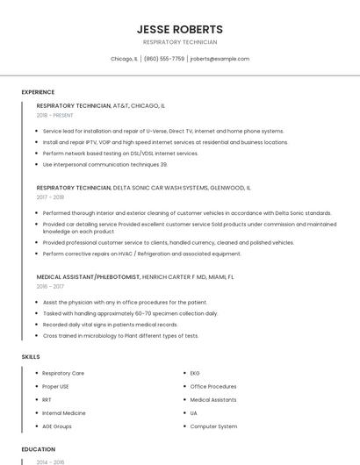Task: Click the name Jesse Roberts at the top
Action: tap(180, 29)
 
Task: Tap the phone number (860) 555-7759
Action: tap(164, 59)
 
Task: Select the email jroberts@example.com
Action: tap(220, 59)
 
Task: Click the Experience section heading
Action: tap(38, 92)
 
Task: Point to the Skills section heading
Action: tap(31, 356)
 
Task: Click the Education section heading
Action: tap(38, 448)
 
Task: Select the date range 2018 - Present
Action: tap(55, 115)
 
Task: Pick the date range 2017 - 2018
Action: tap(50, 197)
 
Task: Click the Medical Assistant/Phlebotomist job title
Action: tap(88, 276)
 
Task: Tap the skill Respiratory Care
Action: tap(63, 373)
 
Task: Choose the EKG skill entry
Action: tap(195, 373)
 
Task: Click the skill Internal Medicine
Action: tap(64, 412)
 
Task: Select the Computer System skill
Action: tap(213, 426)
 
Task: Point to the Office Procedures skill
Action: tap(213, 386)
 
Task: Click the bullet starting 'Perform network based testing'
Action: tap(120, 153)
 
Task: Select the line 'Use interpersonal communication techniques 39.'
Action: tap(104, 164)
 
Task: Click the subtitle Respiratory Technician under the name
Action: tap(180, 42)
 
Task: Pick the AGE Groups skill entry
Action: tap(57, 426)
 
